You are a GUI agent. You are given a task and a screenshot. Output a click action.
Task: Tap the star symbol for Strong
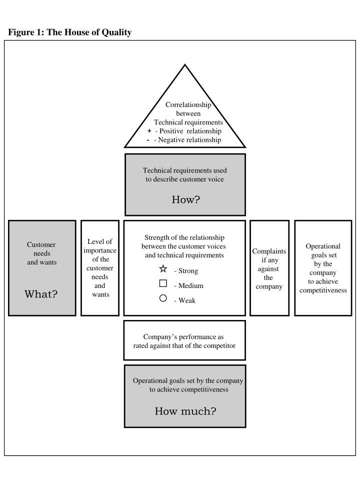163,269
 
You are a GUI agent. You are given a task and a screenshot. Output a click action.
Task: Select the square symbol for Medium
163,283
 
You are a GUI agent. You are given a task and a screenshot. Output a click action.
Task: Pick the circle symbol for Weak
163,298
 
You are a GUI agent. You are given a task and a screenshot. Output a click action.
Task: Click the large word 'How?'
185,200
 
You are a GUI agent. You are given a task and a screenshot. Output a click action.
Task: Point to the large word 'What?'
41,294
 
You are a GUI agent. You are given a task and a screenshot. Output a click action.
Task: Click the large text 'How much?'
185,411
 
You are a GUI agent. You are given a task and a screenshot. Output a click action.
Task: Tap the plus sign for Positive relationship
149,131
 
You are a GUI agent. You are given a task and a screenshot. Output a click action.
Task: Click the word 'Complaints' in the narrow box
269,251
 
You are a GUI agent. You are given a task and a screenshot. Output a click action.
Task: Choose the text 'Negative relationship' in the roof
189,140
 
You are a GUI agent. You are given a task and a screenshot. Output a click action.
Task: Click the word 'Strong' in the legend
188,271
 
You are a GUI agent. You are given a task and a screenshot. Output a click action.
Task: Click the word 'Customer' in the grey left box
41,244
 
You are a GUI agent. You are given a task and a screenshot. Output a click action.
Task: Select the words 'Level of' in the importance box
99,242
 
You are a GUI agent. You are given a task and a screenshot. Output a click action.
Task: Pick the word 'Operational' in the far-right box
323,246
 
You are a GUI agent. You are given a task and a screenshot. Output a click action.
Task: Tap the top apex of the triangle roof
185,65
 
